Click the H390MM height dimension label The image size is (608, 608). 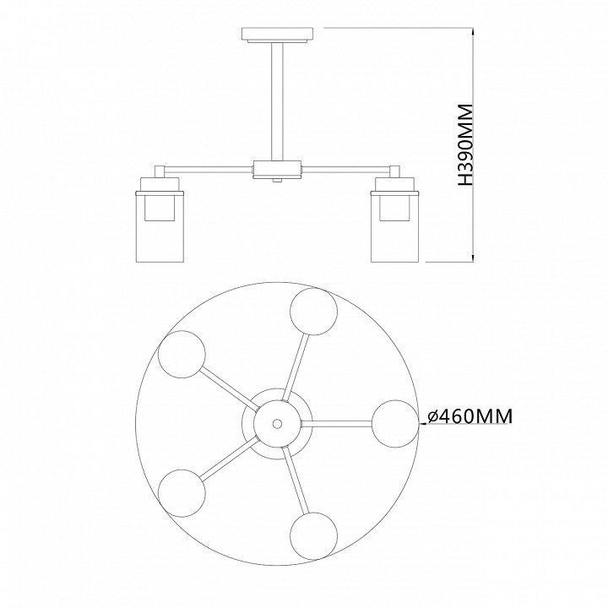465,144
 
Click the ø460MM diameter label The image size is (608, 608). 470,416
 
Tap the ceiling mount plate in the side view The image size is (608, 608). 278,34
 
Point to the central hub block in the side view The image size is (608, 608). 277,169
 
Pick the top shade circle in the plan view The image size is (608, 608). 313,312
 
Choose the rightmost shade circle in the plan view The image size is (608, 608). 395,424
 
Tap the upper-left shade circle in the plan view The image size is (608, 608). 182,354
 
